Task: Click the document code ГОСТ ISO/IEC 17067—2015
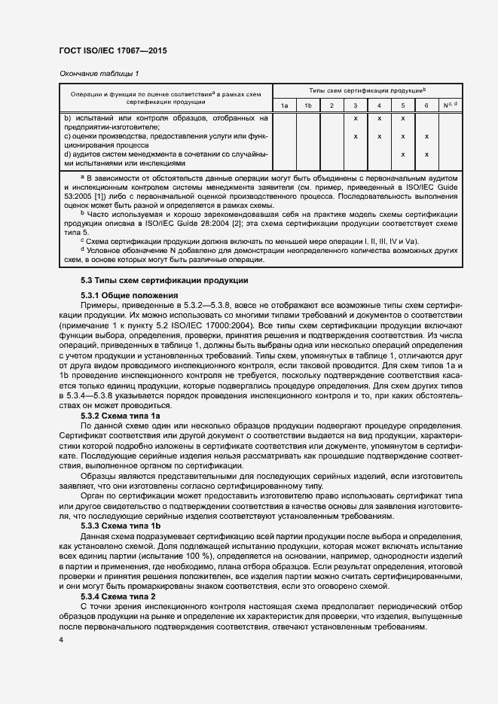tap(112, 50)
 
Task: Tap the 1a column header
tap(284, 105)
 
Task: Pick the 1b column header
tap(307, 105)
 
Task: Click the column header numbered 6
tap(426, 105)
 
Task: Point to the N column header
tap(450, 105)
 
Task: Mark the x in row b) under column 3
tap(355, 118)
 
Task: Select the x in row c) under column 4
tap(379, 136)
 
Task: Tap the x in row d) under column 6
tap(426, 154)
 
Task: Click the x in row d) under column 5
tap(403, 154)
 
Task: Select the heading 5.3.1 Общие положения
tap(129, 294)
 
